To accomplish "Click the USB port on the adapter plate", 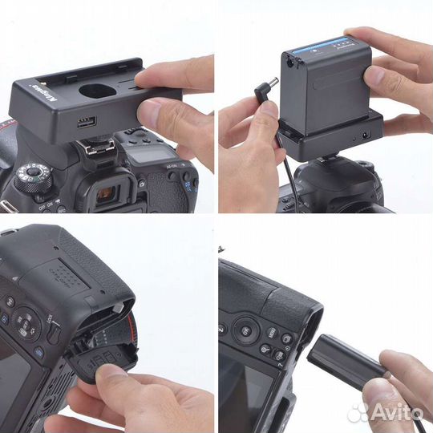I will click(86, 123).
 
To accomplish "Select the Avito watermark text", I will click(396, 412).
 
